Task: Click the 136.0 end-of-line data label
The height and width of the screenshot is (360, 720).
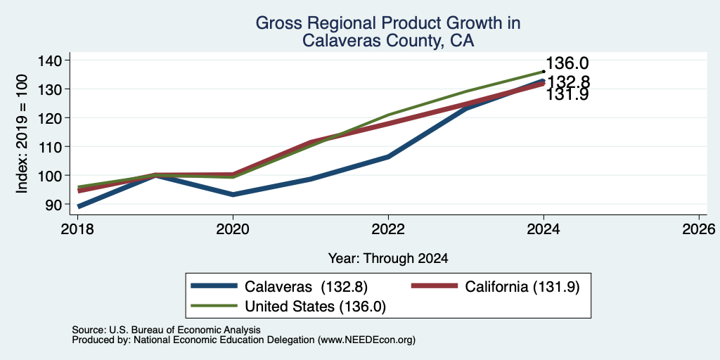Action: click(567, 64)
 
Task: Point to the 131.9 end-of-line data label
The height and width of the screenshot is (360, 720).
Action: click(567, 95)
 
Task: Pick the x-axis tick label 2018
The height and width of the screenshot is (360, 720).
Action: click(77, 229)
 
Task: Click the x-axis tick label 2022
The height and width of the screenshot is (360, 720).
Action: click(388, 229)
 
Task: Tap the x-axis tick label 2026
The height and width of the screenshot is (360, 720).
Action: click(699, 229)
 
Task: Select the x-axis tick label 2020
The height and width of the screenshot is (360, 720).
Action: click(233, 229)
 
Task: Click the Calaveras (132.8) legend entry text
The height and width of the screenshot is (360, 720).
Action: click(307, 287)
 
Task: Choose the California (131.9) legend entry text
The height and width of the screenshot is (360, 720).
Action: click(522, 287)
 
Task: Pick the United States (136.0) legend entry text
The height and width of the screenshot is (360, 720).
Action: click(316, 307)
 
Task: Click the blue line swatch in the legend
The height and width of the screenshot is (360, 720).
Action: click(214, 286)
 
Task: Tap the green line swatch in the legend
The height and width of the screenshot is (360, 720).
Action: click(214, 306)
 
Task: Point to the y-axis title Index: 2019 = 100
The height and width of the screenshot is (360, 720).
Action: click(22, 134)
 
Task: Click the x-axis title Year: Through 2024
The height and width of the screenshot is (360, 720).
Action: click(388, 259)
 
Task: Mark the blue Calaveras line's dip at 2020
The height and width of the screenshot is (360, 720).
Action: click(233, 195)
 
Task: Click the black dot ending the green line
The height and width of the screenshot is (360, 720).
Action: click(544, 72)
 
